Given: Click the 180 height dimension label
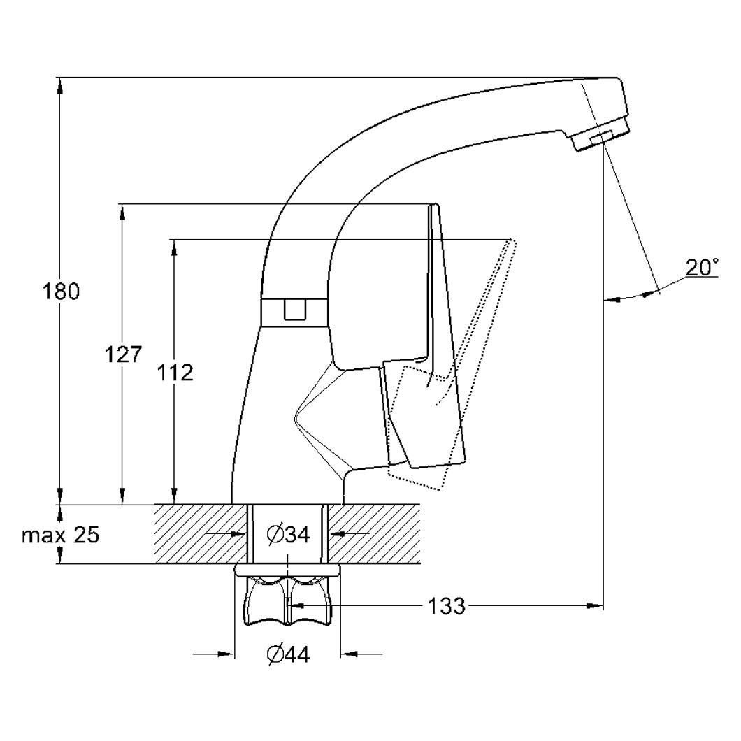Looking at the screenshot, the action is (x=62, y=292).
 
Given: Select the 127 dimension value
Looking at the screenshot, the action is (x=123, y=354).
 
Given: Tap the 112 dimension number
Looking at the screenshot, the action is (x=175, y=373).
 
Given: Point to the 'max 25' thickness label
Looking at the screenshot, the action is (x=61, y=535).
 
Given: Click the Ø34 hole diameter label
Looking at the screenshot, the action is (x=288, y=535).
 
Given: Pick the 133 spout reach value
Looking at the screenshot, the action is (x=446, y=605).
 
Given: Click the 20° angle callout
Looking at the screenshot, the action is (x=703, y=268).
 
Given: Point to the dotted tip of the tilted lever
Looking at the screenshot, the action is (x=511, y=241).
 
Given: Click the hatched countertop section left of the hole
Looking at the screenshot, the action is (x=201, y=534).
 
